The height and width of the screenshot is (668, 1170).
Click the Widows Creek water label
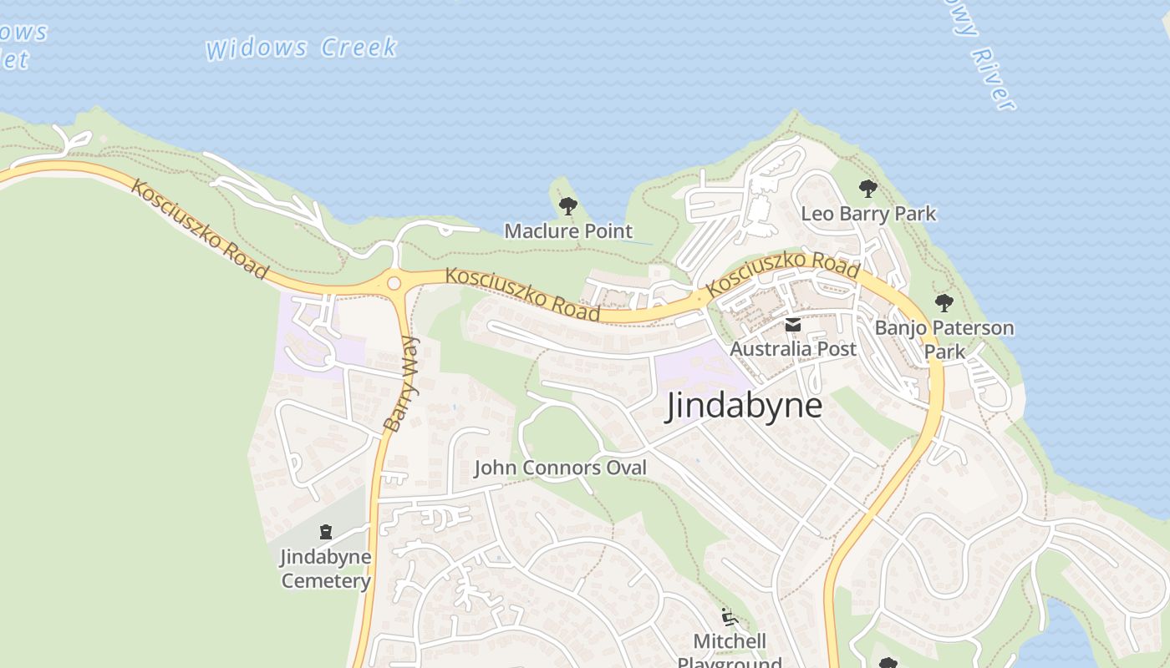point(301,48)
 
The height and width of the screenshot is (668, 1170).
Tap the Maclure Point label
point(568,231)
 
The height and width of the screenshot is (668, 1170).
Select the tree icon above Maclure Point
point(568,205)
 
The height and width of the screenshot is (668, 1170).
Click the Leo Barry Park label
point(868,214)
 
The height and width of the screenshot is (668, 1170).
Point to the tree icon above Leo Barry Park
point(868,189)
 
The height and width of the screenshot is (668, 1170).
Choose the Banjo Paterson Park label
point(944,339)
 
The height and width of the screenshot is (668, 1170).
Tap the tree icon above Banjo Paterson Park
point(944,303)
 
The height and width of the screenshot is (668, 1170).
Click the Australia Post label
point(793,348)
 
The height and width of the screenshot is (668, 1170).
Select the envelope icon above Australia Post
point(793,325)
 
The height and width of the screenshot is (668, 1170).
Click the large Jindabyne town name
point(744,407)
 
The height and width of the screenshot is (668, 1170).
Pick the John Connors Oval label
point(560,468)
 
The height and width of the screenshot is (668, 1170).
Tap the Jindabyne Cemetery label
point(325,569)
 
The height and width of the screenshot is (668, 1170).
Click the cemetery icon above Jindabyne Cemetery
point(326,532)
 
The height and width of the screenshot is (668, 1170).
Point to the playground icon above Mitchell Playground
point(730,618)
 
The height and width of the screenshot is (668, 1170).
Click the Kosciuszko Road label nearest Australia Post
point(782,273)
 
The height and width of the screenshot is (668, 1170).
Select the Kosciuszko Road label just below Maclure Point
point(523,294)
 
